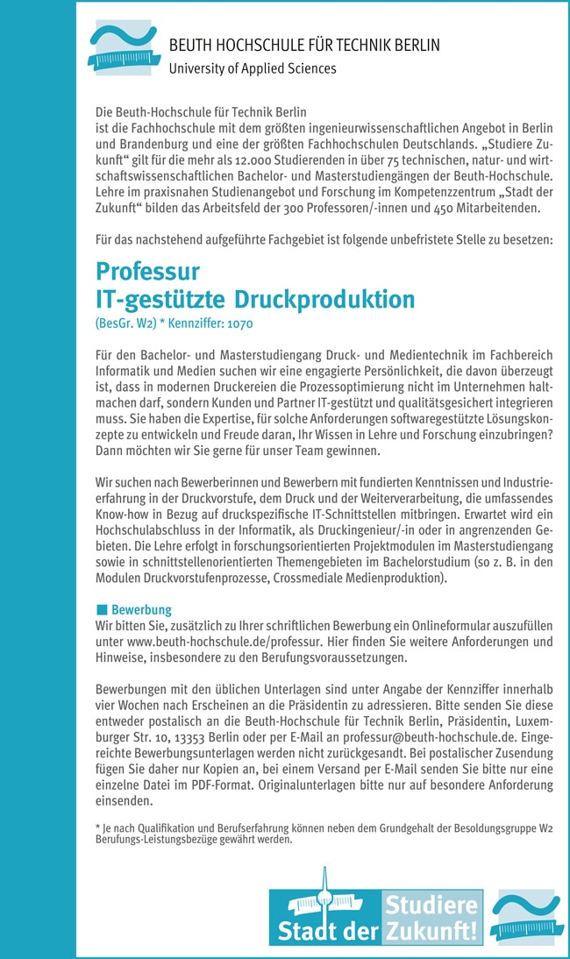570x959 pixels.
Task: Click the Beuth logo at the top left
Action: pyautogui.click(x=122, y=48)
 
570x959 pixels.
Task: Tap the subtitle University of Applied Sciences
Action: pyautogui.click(x=252, y=67)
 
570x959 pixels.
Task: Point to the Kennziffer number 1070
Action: pyautogui.click(x=240, y=323)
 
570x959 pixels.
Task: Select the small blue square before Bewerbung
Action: pyautogui.click(x=101, y=609)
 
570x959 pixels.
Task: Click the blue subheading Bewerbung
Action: pyautogui.click(x=141, y=609)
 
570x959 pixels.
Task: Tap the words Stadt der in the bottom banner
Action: pyautogui.click(x=326, y=932)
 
